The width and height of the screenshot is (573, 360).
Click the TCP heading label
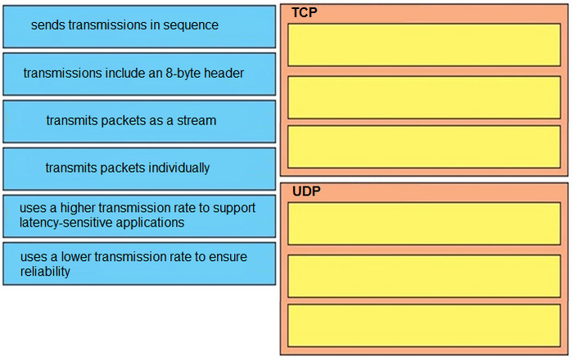(x=304, y=12)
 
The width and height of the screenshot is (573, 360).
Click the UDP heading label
(x=306, y=191)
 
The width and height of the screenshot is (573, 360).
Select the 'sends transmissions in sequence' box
(x=139, y=27)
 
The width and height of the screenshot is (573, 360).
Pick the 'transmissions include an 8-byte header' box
(x=139, y=74)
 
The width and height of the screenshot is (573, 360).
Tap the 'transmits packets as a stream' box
(x=139, y=122)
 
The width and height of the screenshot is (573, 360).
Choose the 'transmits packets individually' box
(x=139, y=169)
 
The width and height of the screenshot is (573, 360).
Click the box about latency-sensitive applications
(x=139, y=216)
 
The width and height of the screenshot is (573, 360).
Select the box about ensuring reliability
(x=139, y=263)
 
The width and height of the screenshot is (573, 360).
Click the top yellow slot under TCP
(x=424, y=45)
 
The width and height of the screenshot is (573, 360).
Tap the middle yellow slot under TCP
(x=424, y=97)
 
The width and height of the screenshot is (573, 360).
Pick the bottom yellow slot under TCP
(x=424, y=146)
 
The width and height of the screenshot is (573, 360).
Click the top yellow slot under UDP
(x=424, y=223)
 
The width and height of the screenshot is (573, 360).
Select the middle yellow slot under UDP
(x=424, y=276)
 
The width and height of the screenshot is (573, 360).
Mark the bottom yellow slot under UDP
(x=424, y=326)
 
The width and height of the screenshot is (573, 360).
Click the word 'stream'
(x=196, y=120)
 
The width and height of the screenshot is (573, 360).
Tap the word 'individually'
(x=178, y=169)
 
